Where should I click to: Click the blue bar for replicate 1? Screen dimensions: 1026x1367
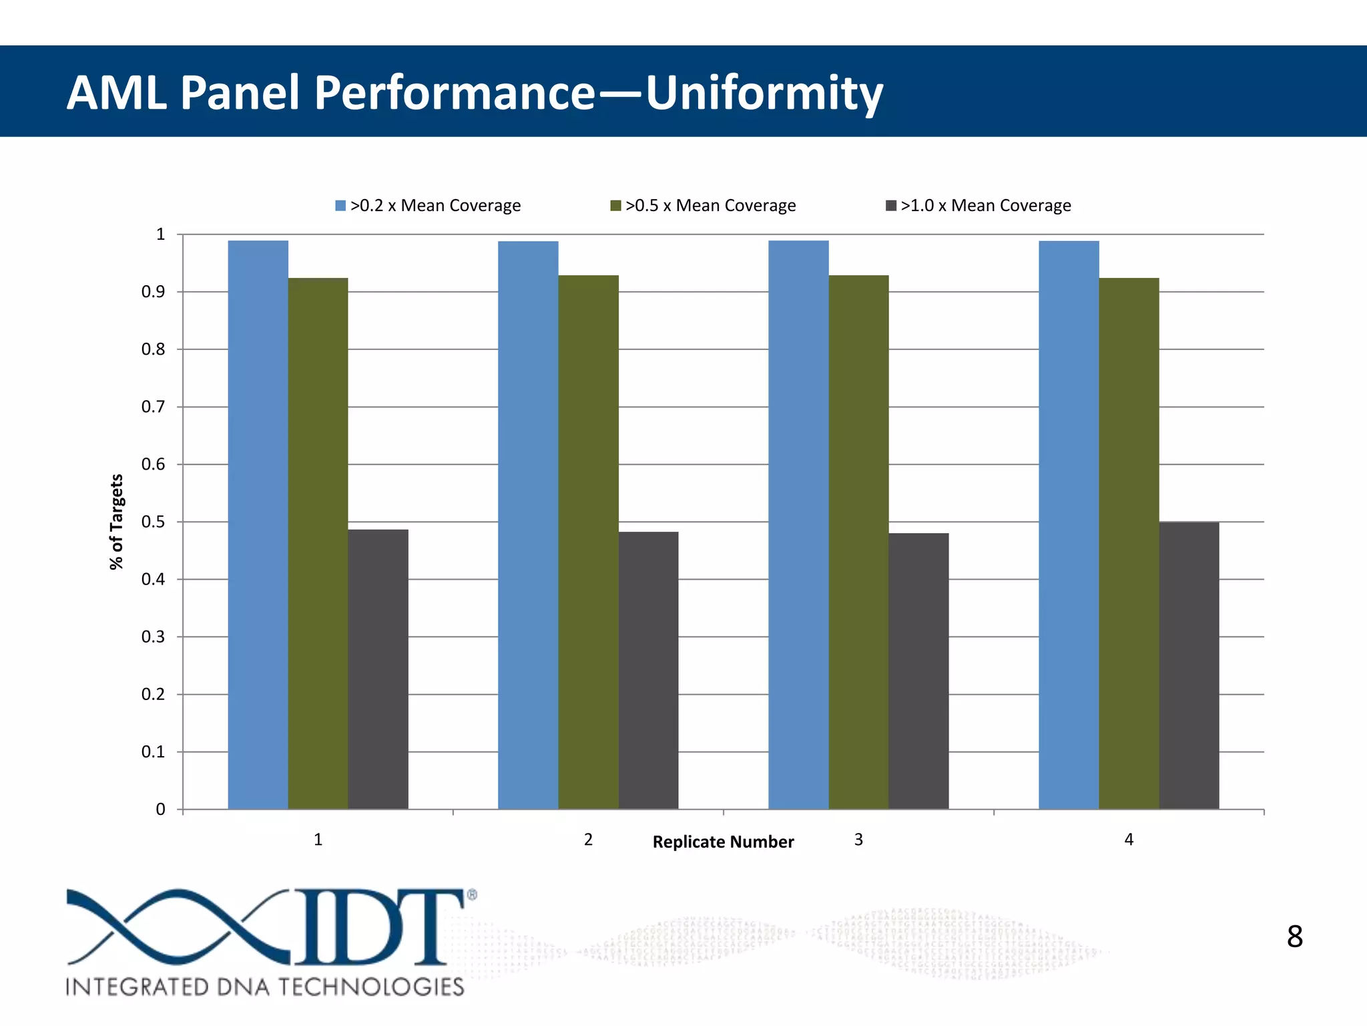coord(258,524)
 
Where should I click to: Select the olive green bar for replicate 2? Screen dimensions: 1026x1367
coord(588,542)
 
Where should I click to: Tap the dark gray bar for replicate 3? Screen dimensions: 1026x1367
coord(918,671)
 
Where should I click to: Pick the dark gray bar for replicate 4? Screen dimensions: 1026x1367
coord(1189,665)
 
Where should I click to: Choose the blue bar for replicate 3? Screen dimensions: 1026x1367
coord(798,524)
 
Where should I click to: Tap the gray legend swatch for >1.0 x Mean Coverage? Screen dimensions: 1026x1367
coord(891,206)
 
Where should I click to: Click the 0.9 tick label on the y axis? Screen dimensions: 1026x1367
coord(153,292)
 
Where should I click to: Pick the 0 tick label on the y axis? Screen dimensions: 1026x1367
coord(160,810)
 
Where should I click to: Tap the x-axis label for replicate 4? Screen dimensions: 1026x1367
coord(1129,840)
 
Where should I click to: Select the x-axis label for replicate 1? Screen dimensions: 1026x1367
coord(318,840)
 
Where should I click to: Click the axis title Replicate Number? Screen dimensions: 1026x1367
coord(723,842)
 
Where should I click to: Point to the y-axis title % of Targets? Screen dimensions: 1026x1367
coord(117,522)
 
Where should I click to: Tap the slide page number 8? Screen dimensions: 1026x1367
coord(1294,936)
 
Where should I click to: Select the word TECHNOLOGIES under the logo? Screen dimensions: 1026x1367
coord(370,987)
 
